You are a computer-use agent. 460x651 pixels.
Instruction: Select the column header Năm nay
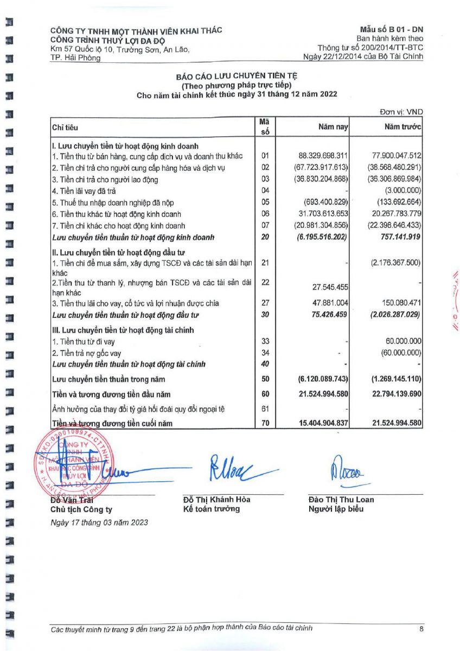[x=333, y=126]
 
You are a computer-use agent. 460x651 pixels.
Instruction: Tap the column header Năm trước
[x=403, y=126]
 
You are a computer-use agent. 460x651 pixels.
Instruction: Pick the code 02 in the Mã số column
[x=265, y=168]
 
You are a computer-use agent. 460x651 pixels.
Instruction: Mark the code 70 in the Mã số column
[x=265, y=423]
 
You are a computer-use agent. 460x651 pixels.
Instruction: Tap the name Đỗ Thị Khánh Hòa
[x=217, y=500]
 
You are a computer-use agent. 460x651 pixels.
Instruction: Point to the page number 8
[x=421, y=629]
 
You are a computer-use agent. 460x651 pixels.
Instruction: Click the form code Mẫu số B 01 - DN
[x=391, y=29]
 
